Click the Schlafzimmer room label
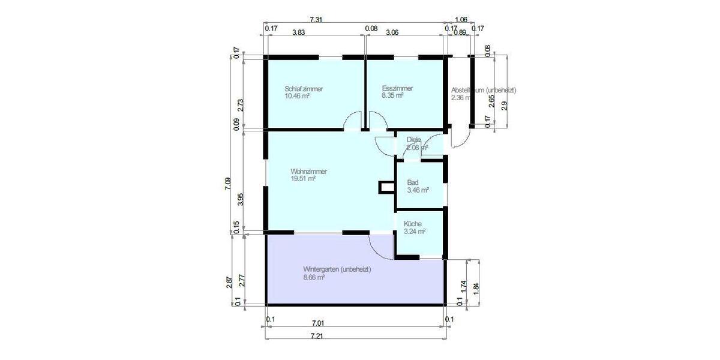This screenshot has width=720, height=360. (304, 89)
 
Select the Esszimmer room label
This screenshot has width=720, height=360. (397, 89)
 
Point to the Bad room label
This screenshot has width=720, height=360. (412, 183)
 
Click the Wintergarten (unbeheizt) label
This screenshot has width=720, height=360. (337, 270)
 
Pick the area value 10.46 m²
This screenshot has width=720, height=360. (297, 96)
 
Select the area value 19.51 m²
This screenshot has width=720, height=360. (302, 178)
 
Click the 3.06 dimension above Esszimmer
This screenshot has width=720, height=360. (392, 34)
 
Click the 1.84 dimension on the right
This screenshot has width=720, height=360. (476, 287)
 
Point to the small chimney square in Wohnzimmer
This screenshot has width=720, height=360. (385, 188)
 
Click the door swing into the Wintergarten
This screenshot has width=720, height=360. (379, 245)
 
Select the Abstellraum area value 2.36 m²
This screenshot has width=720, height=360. (461, 97)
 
